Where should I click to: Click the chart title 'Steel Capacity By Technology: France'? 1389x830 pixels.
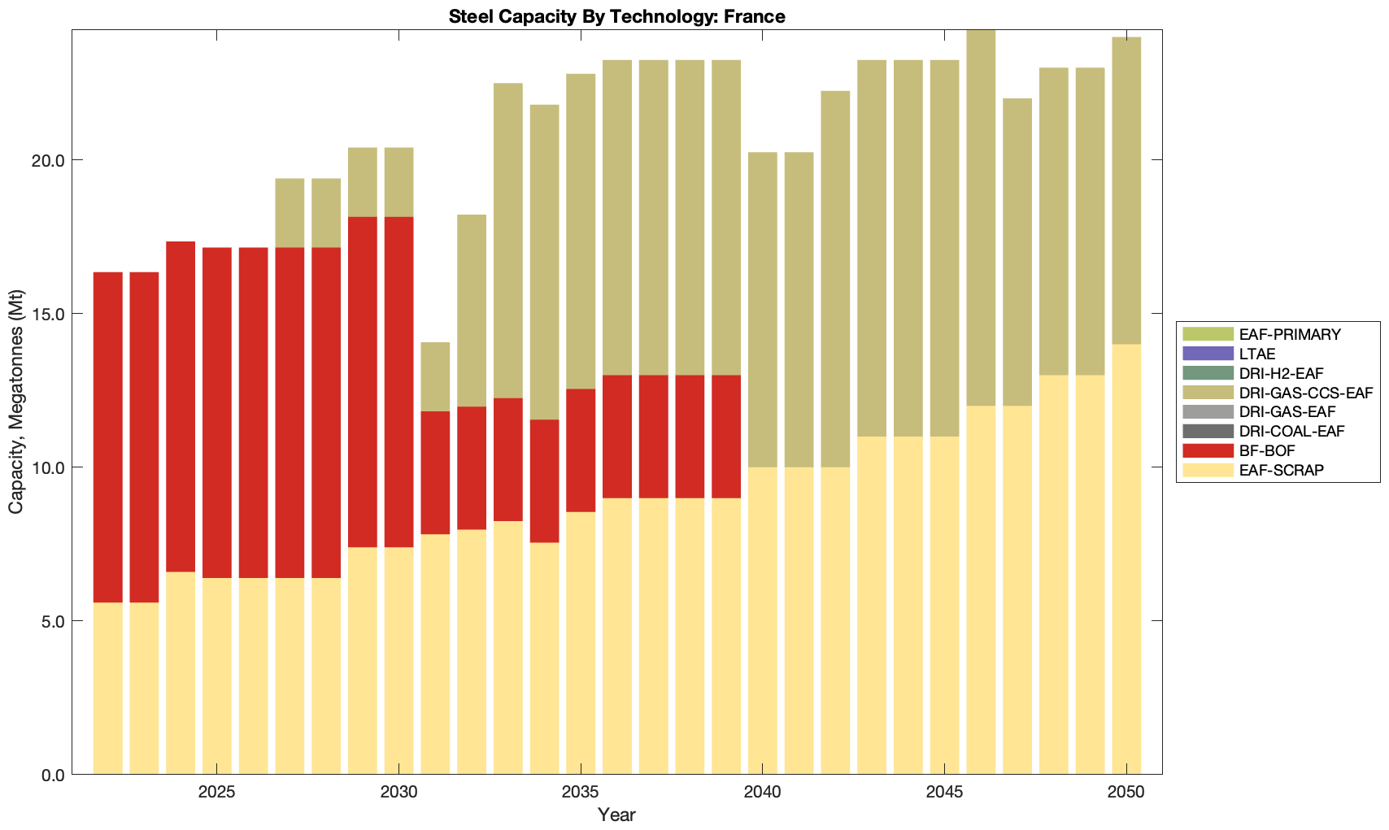[616, 16]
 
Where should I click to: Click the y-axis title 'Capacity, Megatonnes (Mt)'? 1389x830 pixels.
[16, 402]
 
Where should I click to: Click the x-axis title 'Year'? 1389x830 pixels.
[616, 815]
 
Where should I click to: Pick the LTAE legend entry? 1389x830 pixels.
[1257, 354]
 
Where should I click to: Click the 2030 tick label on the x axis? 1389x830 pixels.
[398, 793]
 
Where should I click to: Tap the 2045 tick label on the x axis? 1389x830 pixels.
[944, 793]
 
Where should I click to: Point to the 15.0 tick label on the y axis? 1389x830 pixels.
[49, 314]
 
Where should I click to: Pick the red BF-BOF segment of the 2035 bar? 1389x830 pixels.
[581, 450]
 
